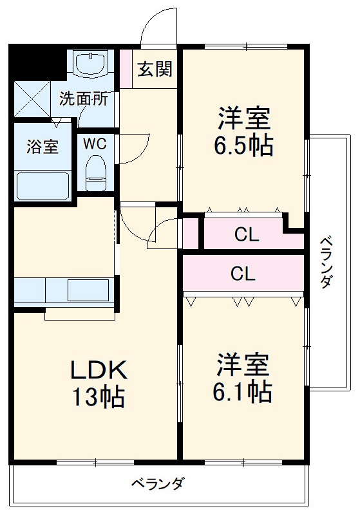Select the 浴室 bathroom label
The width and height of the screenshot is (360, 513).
[x=42, y=146]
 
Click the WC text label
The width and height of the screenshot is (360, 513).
[x=91, y=143]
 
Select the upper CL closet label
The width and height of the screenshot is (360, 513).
[x=245, y=235]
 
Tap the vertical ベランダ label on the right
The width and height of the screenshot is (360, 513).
[x=327, y=262]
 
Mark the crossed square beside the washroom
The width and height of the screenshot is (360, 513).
[x=32, y=99]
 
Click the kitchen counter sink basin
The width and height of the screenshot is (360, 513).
[x=88, y=290]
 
